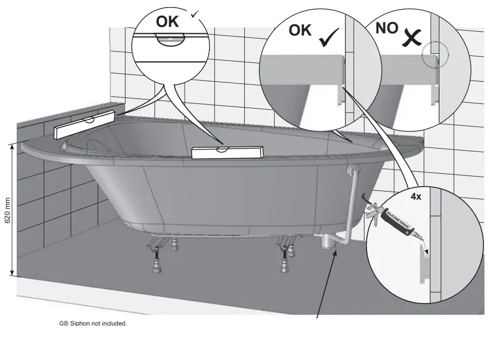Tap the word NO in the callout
point(386,29)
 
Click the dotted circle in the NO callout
point(435,54)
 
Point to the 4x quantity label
point(416,197)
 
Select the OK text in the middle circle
point(300,30)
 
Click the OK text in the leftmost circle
point(167,22)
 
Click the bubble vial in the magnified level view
point(170,38)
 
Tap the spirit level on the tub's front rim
point(226,152)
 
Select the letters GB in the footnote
point(63,323)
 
